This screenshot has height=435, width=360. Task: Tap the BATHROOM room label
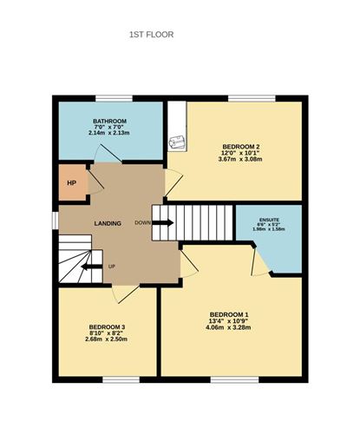pyautogui.click(x=110, y=121)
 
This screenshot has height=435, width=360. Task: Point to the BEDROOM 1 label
pyautogui.click(x=229, y=314)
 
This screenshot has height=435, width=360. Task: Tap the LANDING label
pyautogui.click(x=108, y=224)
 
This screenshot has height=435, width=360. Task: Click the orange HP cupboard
pyautogui.click(x=72, y=183)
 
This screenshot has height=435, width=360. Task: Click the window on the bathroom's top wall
pyautogui.click(x=109, y=97)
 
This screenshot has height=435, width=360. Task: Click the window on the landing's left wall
pyautogui.click(x=54, y=221)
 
